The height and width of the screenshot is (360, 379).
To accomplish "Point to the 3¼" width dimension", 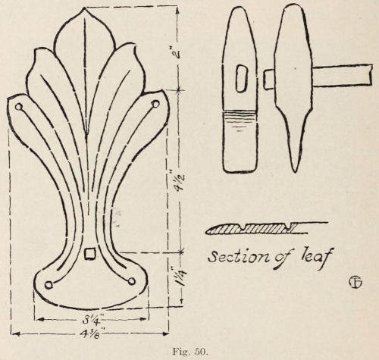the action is coord(91,320).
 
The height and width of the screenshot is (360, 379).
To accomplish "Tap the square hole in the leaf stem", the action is coord(89,254).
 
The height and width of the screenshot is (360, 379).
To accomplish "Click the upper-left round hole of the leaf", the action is coord(18,107).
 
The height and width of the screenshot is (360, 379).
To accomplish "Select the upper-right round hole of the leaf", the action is coord(155,104).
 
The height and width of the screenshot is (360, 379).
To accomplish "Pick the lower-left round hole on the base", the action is coord(49,285).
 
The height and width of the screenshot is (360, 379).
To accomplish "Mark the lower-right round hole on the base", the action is coord(131,281).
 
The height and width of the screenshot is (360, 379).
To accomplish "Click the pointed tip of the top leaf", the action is coord(84,8).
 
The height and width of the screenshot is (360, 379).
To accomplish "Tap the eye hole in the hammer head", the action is coord(242,78).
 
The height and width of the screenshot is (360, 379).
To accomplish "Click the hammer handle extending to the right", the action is coord(343,75).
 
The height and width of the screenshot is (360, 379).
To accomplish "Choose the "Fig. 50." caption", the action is coord(189,352).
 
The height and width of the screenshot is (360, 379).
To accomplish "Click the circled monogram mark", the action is coord(356,283).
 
